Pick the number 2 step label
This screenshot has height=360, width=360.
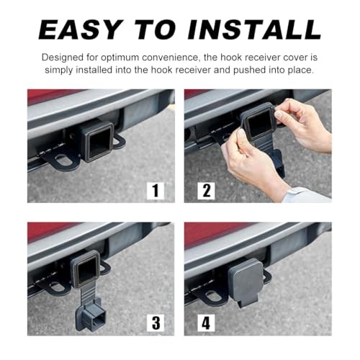(x=207, y=191)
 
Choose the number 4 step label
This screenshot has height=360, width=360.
(x=207, y=323)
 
